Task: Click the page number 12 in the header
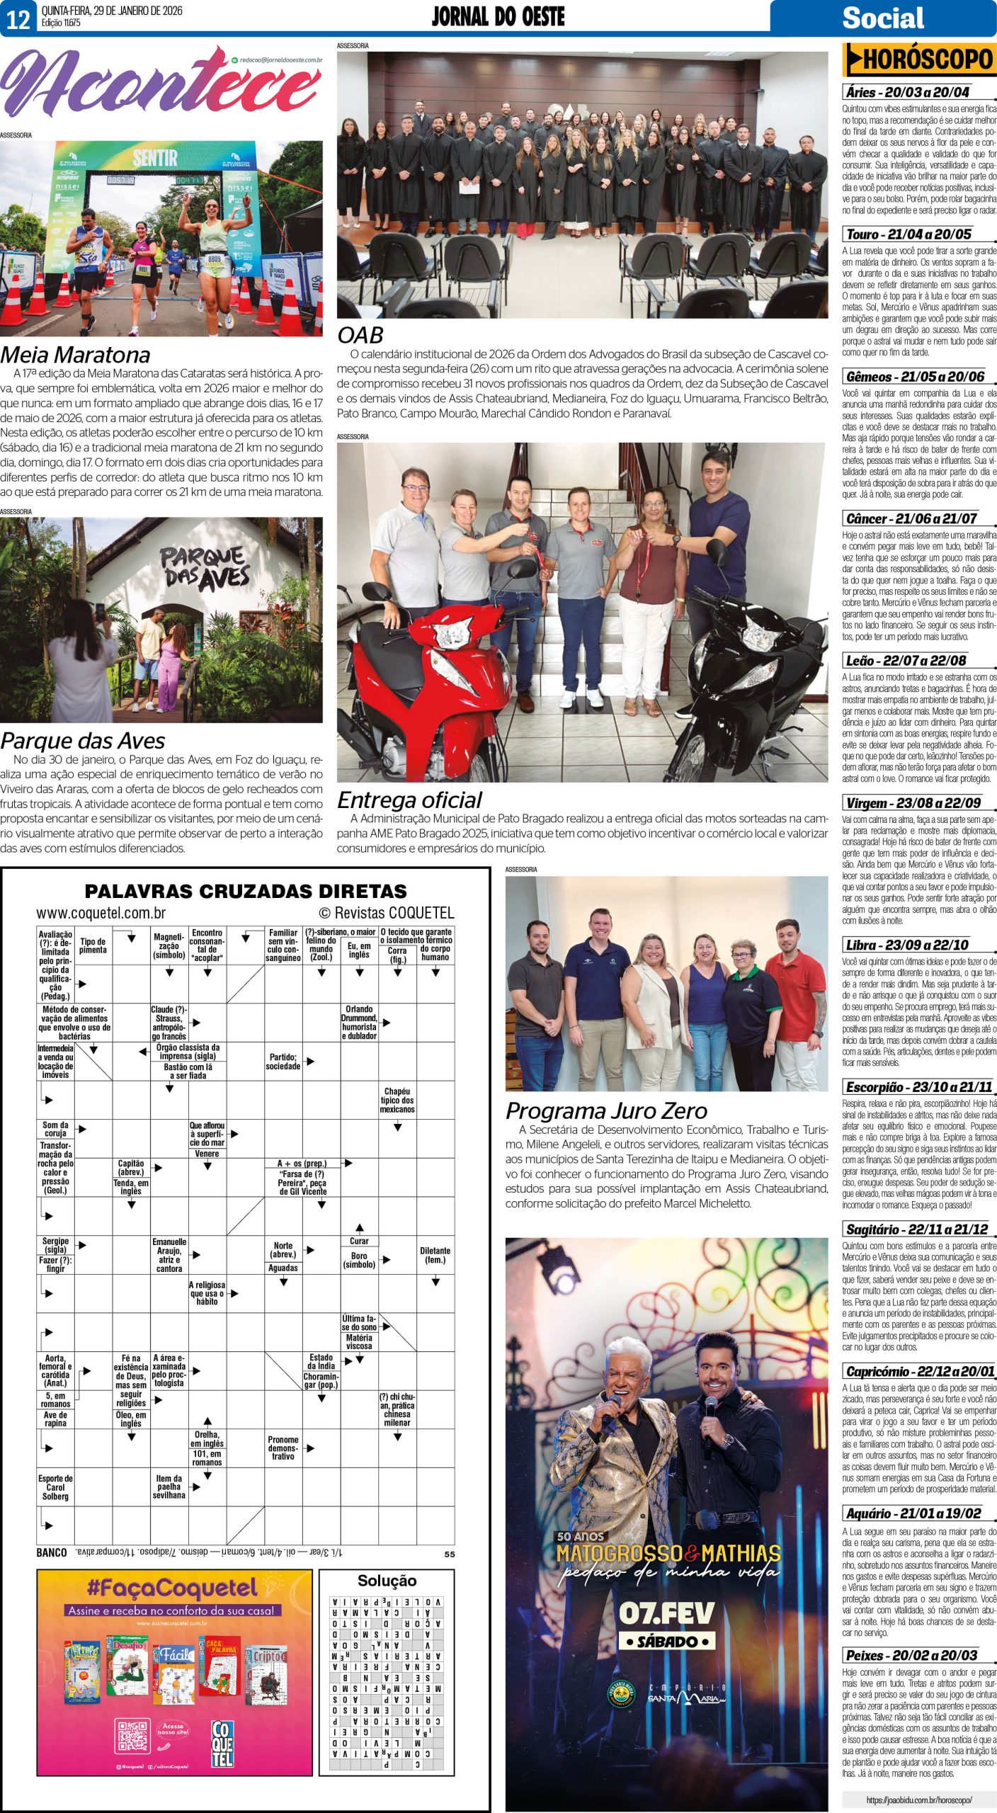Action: pos(18,18)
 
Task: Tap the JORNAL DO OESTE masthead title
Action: pos(498,17)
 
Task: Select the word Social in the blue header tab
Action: pos(882,18)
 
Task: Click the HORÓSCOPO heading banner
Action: pos(919,60)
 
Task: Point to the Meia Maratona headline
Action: pos(75,355)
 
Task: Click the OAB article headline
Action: pos(360,335)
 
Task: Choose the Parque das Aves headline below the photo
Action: pos(83,741)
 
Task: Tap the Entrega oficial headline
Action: pos(409,800)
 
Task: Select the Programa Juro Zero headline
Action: pos(606,1110)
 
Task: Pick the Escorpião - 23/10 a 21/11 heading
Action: pos(918,1087)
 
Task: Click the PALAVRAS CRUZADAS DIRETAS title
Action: pos(246,891)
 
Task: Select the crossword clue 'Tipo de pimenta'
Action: pos(93,945)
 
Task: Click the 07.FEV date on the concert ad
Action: pos(666,1613)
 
